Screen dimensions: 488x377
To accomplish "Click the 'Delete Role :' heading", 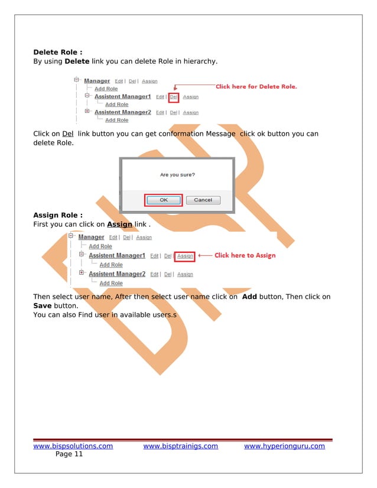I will click(57, 52).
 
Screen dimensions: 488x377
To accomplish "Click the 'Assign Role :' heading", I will click(57, 215).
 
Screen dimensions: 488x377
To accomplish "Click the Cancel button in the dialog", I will click(203, 200).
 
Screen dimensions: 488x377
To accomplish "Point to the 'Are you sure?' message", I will click(177, 175).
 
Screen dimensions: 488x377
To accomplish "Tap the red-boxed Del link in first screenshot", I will click(174, 97).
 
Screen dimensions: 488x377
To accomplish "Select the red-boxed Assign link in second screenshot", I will click(185, 256).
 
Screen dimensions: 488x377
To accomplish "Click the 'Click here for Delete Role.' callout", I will click(256, 87).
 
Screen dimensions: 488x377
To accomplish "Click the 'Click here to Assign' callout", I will click(245, 256).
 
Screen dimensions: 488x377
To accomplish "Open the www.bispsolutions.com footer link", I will click(73, 446).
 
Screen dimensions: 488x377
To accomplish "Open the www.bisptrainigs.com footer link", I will click(180, 446).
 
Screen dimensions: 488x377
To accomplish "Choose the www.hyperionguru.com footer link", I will click(284, 446).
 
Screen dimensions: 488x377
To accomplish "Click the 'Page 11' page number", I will click(69, 454).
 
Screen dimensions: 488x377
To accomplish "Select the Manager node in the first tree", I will click(97, 81).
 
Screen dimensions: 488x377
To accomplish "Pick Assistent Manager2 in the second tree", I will click(116, 274).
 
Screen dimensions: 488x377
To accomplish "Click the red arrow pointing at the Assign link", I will click(204, 256).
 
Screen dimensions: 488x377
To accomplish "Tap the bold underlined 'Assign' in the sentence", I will click(119, 225).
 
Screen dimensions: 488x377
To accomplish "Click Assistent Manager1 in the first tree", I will click(122, 96).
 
